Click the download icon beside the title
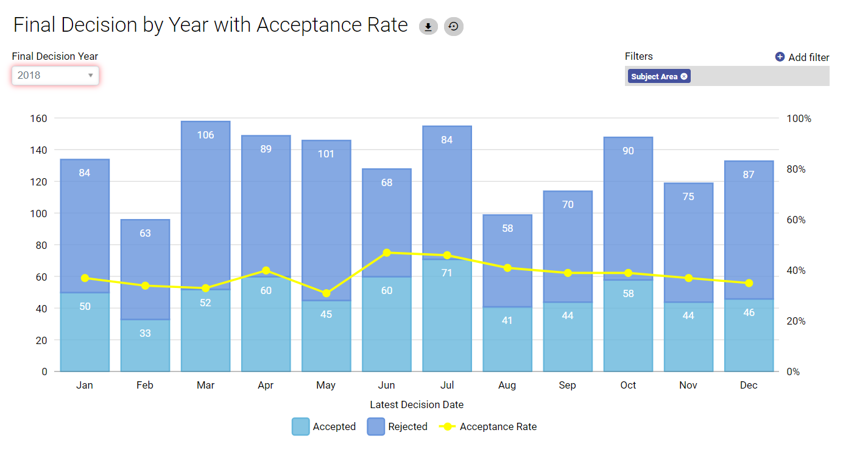pos(428,27)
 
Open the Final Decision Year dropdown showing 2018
pos(55,76)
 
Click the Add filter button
pos(802,57)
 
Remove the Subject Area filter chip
pos(684,77)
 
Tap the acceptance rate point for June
pos(387,253)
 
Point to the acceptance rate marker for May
pos(326,293)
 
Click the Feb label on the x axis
pos(145,386)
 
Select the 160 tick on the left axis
pos(38,118)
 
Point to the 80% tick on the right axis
pos(795,169)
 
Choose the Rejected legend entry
pos(397,427)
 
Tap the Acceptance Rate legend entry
pos(488,427)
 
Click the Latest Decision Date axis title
pos(417,404)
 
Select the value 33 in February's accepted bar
pos(145,333)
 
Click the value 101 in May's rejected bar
pos(326,154)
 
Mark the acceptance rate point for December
pos(749,283)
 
